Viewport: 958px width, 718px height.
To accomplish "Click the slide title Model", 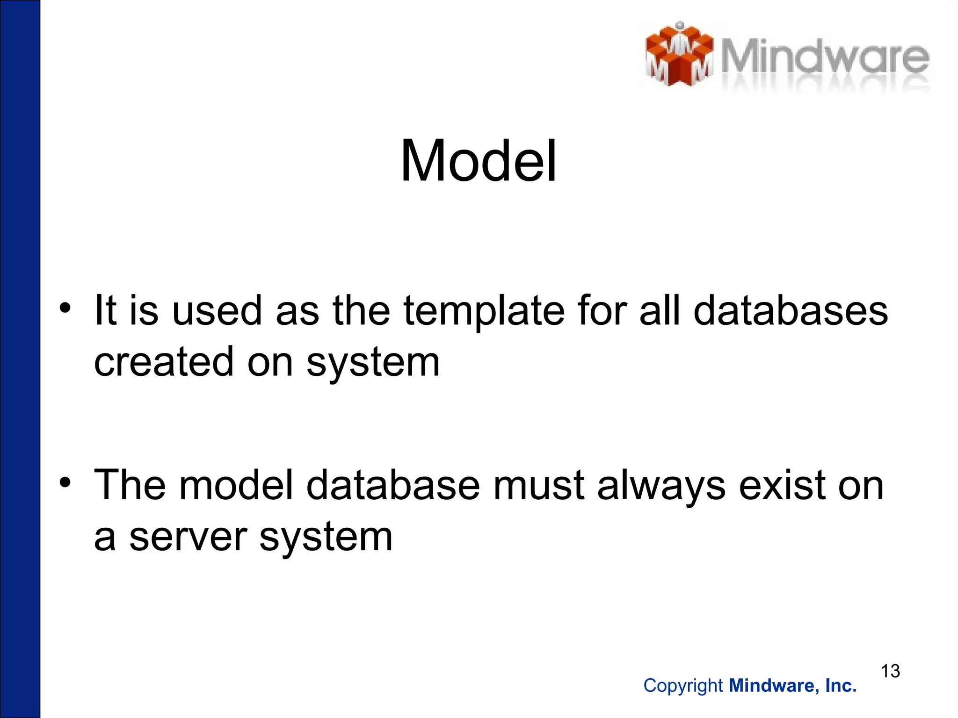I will [479, 161].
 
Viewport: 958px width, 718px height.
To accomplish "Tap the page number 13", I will [890, 671].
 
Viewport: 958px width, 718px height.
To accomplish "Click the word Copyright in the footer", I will [683, 686].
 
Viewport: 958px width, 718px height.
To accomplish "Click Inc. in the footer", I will [841, 686].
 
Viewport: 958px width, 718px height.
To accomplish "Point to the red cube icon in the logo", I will [679, 55].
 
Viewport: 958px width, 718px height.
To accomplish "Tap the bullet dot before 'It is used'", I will [65, 308].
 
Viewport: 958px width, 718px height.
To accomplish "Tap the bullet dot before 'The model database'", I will [65, 481].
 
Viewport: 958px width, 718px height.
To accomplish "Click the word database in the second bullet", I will [393, 485].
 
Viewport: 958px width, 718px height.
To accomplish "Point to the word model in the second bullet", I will [236, 485].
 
